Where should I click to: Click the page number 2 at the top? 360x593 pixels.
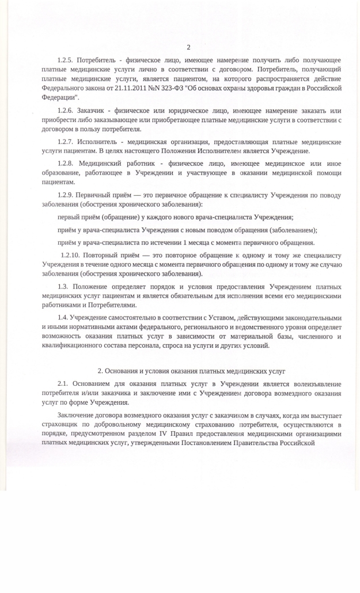pos(188,47)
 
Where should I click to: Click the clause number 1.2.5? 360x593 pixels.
pos(66,60)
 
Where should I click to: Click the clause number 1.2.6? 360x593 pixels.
pos(66,111)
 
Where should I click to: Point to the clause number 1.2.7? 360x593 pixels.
pos(66,142)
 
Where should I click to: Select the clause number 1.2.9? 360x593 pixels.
pos(66,195)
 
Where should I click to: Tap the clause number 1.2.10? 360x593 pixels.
pos(70,255)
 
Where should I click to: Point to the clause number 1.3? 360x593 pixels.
pos(63,286)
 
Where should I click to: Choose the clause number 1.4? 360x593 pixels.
pos(63,318)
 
